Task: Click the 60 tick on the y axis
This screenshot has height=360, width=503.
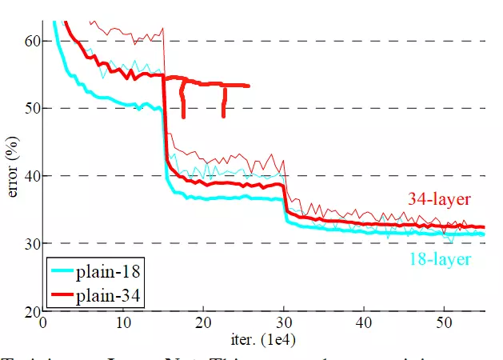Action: (x=32, y=41)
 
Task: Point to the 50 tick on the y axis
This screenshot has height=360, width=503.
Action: (x=32, y=108)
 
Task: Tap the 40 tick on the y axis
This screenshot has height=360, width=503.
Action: (x=32, y=175)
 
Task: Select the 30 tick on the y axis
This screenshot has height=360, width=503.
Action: (x=32, y=243)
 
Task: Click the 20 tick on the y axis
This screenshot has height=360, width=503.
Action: (x=32, y=310)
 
